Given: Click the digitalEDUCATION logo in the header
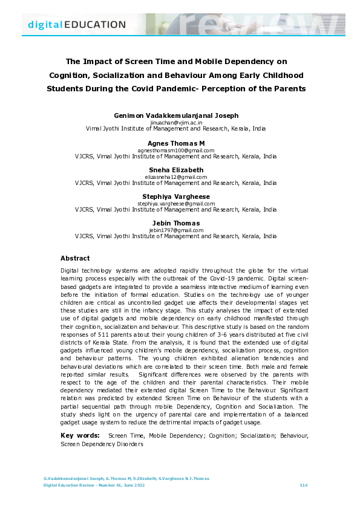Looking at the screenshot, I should pyautogui.click(x=77, y=25).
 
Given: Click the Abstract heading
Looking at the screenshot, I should pyautogui.click(x=75, y=258).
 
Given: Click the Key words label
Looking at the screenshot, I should pyautogui.click(x=80, y=435).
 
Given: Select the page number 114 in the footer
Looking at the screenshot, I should pyautogui.click(x=304, y=485).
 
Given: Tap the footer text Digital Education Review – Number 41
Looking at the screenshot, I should pyautogui.click(x=83, y=485).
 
